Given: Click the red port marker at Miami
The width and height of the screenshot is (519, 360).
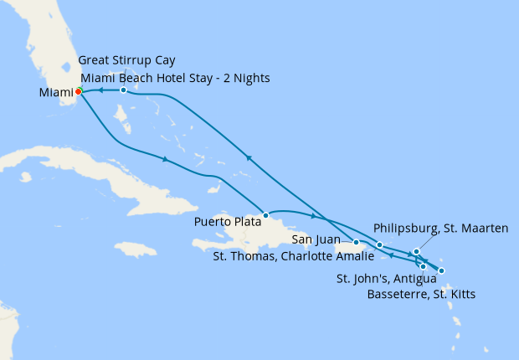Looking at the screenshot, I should coord(78,91).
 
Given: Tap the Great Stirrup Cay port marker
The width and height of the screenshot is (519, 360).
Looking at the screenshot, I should coord(123,90).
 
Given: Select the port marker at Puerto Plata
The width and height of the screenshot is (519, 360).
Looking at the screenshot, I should coord(265,215).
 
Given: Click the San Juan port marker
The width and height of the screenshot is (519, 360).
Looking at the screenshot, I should coord(357,243).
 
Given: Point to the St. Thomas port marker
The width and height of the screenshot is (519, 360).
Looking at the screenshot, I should coord(379,244).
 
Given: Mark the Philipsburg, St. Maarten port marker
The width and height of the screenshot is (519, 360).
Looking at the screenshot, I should coord(416,251).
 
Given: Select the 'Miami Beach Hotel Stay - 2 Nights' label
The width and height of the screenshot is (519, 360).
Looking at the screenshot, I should coord(175,78).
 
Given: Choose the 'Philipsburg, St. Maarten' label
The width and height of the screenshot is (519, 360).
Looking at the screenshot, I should coord(440,227).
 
